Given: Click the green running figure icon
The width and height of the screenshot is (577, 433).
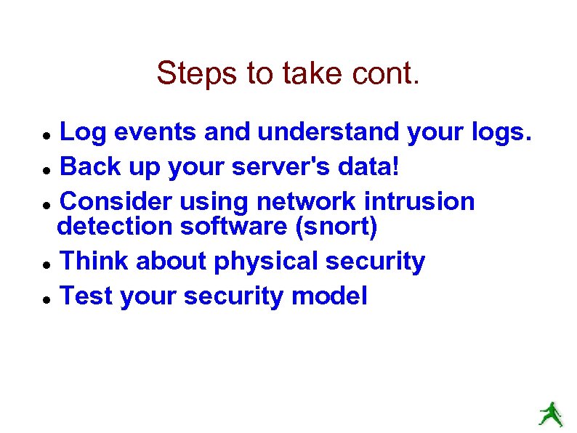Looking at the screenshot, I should [x=550, y=413].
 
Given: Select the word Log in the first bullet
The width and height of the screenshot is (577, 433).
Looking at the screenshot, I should [x=81, y=132].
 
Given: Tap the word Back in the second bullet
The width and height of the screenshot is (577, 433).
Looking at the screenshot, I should [x=86, y=167].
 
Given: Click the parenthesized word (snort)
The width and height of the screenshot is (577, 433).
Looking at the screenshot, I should [x=336, y=227].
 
